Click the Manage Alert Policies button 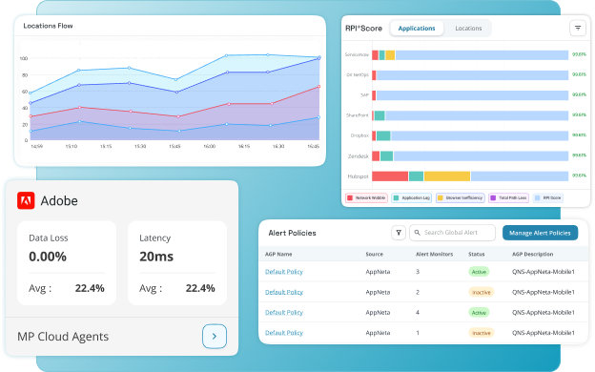pyautogui.click(x=540, y=233)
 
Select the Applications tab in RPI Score pyautogui.click(x=416, y=29)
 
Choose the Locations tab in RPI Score pyautogui.click(x=468, y=29)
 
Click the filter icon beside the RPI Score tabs pyautogui.click(x=577, y=29)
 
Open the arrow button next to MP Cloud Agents pyautogui.click(x=215, y=336)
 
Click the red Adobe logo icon pyautogui.click(x=27, y=200)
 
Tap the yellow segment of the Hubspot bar pyautogui.click(x=446, y=176)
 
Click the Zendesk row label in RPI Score pyautogui.click(x=358, y=155)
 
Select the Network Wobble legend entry pyautogui.click(x=366, y=198)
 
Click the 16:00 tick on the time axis pyautogui.click(x=209, y=147)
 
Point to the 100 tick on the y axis pyautogui.click(x=23, y=58)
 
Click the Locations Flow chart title pyautogui.click(x=49, y=26)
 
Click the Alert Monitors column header pyautogui.click(x=434, y=255)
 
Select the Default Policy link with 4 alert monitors pyautogui.click(x=284, y=312)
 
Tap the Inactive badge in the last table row pyautogui.click(x=481, y=333)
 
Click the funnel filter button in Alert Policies pyautogui.click(x=399, y=233)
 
